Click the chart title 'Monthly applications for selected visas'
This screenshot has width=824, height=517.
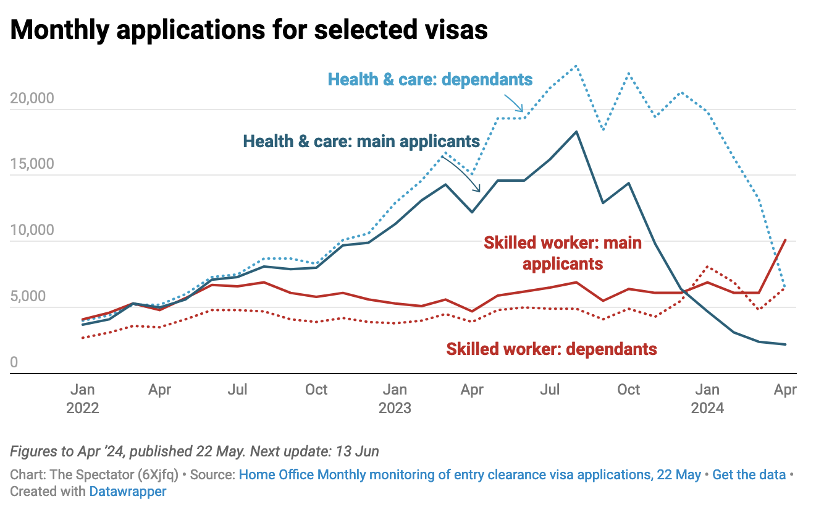coord(249,30)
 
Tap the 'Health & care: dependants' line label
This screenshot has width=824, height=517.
coord(430,79)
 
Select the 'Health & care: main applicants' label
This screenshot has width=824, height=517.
coord(361,141)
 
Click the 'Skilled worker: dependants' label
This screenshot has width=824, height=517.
coord(552,349)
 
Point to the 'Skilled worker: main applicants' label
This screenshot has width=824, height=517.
coord(563,253)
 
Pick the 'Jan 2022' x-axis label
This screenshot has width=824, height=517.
coord(82,399)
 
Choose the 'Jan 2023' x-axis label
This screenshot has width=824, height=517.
coord(395,399)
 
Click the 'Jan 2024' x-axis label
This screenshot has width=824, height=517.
coord(707,399)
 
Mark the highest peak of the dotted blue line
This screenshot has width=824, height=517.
coord(576,66)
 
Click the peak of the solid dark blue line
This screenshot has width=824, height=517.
coord(576,132)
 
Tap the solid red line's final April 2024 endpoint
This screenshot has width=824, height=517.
coord(785,240)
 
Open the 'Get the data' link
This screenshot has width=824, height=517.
coord(749,475)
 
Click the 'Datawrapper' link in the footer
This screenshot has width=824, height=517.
coord(128,492)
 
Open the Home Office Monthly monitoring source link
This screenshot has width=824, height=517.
coord(469,475)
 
